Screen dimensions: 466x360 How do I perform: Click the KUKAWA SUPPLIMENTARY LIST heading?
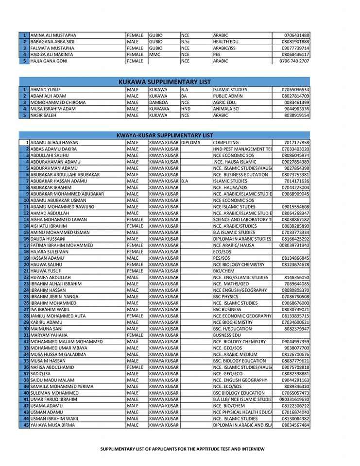coord(165,82)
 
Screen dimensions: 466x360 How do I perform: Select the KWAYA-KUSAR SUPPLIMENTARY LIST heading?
coord(165,135)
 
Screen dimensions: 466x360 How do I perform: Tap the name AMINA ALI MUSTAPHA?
coord(53,35)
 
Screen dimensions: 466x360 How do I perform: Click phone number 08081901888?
coord(295,42)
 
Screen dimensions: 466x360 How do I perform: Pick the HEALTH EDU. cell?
coord(226,42)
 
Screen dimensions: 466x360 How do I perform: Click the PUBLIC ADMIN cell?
coord(228,96)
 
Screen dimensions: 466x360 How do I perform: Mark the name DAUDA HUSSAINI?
coord(48,239)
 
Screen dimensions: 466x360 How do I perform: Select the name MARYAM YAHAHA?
coord(49,335)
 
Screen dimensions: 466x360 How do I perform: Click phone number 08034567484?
coord(295,425)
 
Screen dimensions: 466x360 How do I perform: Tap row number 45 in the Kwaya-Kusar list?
coord(26,425)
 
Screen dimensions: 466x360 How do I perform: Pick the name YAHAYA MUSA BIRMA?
coord(52,425)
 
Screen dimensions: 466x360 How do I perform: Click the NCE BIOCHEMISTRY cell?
coord(233,322)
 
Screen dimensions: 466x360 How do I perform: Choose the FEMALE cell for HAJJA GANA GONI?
coord(135,61)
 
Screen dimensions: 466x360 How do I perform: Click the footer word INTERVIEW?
coord(254,449)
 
